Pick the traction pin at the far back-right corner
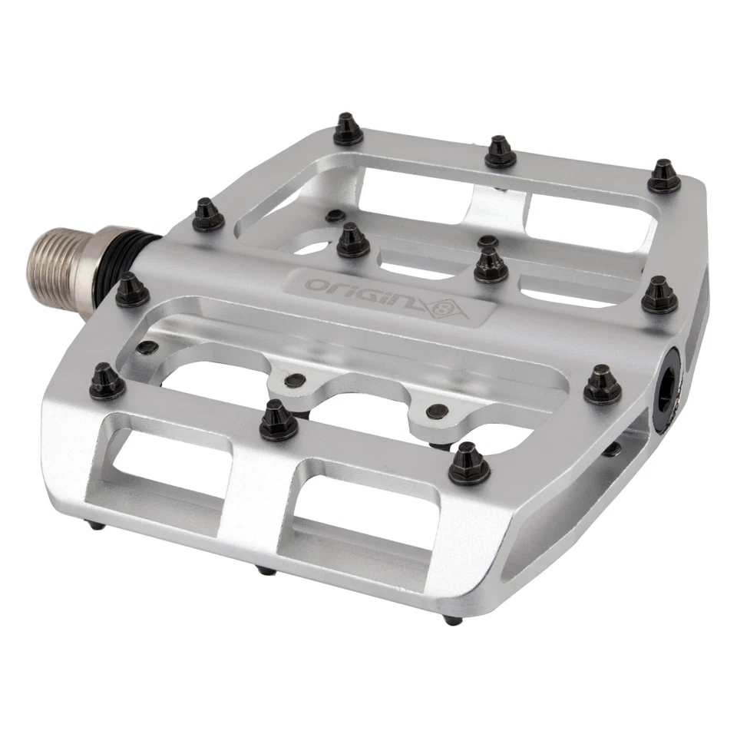point(663,177)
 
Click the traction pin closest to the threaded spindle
point(132,291)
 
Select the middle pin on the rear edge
point(500,152)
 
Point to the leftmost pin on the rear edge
point(348,130)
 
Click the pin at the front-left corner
point(107,382)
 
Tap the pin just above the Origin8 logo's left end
point(352,241)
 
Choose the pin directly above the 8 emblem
point(490,264)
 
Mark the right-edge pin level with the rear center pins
point(659,296)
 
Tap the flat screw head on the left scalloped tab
point(291,378)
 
